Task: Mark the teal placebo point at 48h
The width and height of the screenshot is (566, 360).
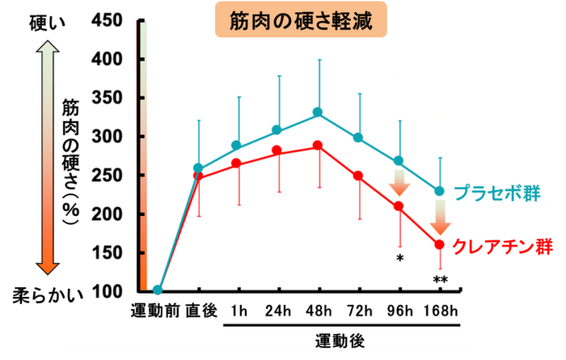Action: pos(318,112)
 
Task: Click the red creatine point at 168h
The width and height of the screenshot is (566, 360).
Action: pos(440,244)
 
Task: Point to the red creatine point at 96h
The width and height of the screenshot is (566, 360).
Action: pos(399,206)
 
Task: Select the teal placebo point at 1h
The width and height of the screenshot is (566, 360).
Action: pos(237,146)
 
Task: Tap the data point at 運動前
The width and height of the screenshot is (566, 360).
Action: pos(158,290)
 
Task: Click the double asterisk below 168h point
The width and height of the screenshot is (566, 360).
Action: pos(440,281)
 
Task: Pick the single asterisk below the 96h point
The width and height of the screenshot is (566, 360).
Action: pos(399,258)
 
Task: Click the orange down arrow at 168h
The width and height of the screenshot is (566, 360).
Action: pos(440,216)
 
